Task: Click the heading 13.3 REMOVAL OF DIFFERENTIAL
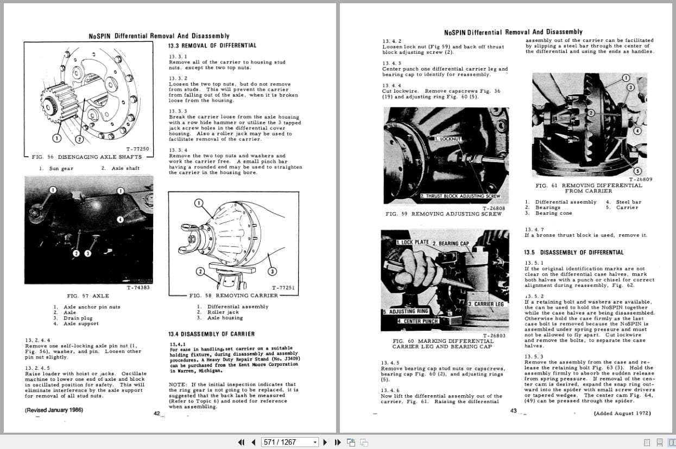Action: click(212, 46)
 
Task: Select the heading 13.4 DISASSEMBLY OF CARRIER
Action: click(211, 334)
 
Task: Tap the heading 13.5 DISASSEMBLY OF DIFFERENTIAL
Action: click(566, 252)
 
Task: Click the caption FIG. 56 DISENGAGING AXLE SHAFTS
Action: click(87, 157)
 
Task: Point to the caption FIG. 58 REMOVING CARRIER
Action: click(233, 296)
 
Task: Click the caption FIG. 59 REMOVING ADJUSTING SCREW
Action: click(443, 214)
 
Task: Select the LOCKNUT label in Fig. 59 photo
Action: click(448, 139)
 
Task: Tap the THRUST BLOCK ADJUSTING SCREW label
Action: click(460, 196)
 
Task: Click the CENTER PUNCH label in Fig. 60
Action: click(418, 321)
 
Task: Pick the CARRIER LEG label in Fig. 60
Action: click(485, 304)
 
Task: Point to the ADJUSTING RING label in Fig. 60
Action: click(406, 311)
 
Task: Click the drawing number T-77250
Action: click(137, 149)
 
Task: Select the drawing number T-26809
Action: click(641, 179)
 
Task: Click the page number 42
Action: click(156, 413)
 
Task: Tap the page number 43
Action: click(513, 411)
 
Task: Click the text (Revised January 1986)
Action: click(54, 410)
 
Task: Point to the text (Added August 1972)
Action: click(622, 413)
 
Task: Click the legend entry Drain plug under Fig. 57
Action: click(78, 318)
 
